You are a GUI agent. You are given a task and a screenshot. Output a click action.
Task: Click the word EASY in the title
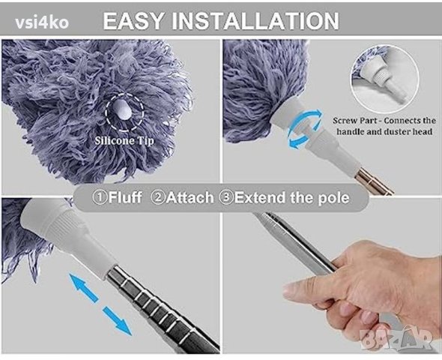click(x=133, y=20)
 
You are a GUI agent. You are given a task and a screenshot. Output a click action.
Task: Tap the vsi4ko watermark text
click(x=42, y=22)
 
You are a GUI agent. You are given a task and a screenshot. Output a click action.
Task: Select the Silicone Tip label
click(x=124, y=140)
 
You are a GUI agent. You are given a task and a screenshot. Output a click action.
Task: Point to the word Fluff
click(x=124, y=197)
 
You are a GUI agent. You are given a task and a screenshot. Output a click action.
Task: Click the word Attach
click(x=190, y=197)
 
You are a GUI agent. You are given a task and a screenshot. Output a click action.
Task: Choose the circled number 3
click(x=226, y=197)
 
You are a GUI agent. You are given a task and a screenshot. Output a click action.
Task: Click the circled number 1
click(x=100, y=197)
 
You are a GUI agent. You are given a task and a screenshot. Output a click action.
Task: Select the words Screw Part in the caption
click(x=354, y=121)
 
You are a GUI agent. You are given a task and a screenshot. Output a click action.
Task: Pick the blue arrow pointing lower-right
click(x=118, y=321)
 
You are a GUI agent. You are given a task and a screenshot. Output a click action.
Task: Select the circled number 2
click(x=158, y=197)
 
